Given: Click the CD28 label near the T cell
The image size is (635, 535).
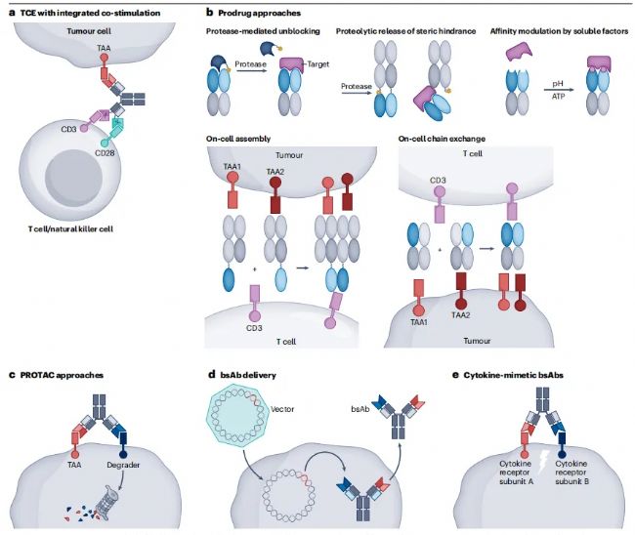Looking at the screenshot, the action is pos(105,153).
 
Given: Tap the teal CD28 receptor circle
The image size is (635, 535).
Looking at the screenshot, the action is pos(106,142).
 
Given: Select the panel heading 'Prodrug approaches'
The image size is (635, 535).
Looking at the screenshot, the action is pos(260,13).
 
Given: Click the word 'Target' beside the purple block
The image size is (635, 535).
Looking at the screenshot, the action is pos(318,63).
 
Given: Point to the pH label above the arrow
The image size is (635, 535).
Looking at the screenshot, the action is pos(558,84).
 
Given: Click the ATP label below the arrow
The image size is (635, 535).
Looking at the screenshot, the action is pos(558,97).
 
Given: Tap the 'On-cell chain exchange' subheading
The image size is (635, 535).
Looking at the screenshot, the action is pos(442,139).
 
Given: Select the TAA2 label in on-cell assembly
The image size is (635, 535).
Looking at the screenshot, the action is pos(275,172).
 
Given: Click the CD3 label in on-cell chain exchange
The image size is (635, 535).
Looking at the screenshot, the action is pos(438,180).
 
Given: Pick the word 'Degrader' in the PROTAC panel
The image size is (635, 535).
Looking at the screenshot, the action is pos(123,465).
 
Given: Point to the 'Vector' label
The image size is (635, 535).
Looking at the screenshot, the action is pos(282,409).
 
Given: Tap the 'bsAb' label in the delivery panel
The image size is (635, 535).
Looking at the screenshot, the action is pos(360,409).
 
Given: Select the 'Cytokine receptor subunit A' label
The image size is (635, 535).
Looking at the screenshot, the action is pos(517,473).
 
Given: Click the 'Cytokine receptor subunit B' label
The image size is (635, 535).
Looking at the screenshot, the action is pos(571,473).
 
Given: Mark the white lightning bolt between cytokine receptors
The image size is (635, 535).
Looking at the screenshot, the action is pos(542,464).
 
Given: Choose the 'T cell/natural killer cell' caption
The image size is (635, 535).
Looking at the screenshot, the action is pos(70,229).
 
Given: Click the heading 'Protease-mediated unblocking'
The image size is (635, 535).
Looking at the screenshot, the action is pos(263,31).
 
